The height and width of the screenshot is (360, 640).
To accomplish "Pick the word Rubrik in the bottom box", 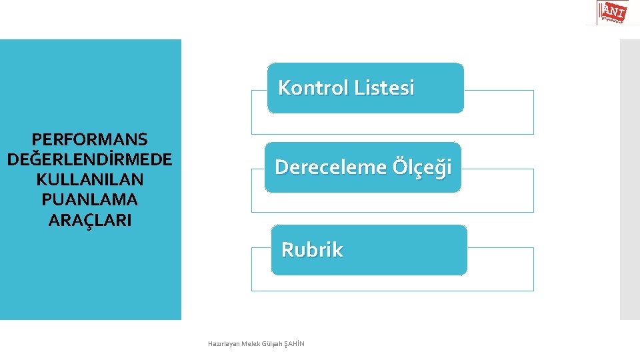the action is point(312,250).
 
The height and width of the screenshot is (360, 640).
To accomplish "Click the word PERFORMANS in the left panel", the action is point(90,139).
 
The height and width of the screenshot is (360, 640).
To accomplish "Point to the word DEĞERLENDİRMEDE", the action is point(90,159).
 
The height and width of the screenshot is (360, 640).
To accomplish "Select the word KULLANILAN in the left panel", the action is point(90,179).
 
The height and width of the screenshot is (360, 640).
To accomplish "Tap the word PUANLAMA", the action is point(90,199).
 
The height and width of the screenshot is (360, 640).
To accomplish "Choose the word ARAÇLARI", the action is point(90,219).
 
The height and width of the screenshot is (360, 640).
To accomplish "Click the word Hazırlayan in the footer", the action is point(223,344).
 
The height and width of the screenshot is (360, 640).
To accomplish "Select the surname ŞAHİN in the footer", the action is point(294,344).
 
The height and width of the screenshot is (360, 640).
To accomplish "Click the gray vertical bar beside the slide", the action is point(629,180).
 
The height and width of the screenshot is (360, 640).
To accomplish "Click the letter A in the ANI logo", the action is point(607,9).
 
